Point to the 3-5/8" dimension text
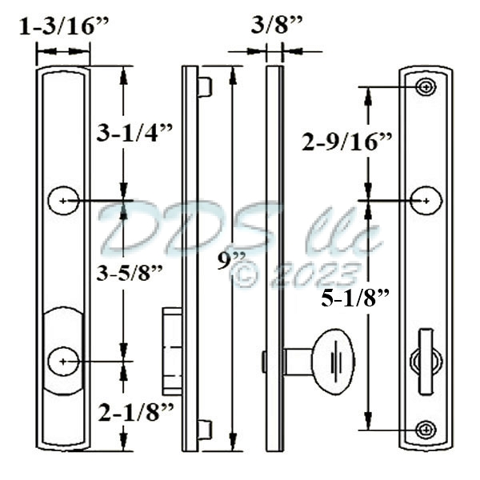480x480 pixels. tap(129, 272)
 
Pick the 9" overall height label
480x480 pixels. tap(232, 262)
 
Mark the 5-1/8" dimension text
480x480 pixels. tap(354, 300)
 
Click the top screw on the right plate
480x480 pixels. tap(426, 86)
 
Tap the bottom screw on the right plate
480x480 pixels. tap(426, 430)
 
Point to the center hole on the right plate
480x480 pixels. tap(426, 199)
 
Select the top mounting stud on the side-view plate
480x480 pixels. tap(205, 86)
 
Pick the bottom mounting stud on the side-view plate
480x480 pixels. tap(205, 430)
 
